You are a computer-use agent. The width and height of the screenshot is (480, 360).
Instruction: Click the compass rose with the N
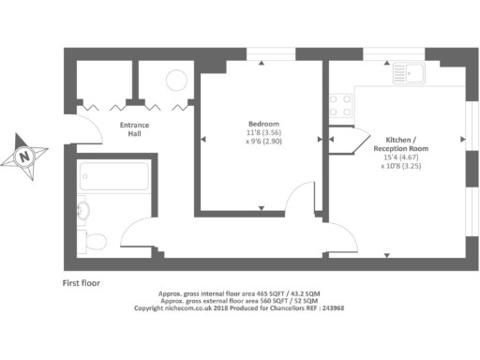coord(27,155)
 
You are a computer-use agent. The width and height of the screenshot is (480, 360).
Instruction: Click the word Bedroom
coord(263,124)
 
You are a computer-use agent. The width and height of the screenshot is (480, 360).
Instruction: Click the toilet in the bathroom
coord(93,242)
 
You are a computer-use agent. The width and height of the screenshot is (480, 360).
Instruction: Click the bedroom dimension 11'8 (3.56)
coord(262,135)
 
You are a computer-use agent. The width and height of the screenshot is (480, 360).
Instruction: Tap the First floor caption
coord(82,282)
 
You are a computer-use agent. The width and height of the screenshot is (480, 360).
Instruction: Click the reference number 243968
coord(330,307)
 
